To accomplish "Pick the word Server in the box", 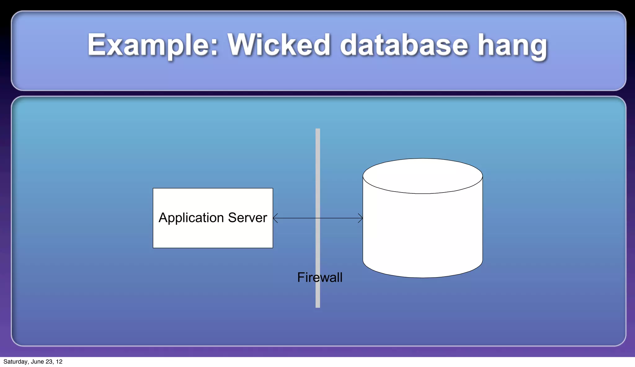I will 247,218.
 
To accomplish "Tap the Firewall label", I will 320,277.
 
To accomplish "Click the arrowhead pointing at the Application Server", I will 275,218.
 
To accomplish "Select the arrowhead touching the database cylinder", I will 361,218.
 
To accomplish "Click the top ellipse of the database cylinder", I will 423,176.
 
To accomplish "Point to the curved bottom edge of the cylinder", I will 423,277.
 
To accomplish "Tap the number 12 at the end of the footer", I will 59,362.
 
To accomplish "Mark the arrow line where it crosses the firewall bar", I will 318,218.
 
